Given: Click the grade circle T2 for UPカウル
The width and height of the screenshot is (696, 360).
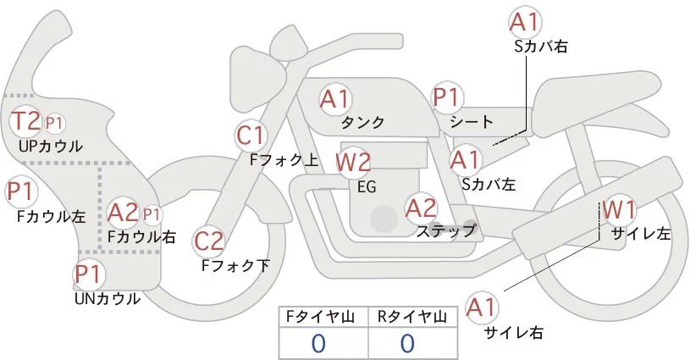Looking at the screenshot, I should [25, 121].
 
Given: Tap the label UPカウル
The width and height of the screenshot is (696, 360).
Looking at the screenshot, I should [51, 146].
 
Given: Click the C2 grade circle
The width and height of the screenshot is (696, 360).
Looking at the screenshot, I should [208, 242].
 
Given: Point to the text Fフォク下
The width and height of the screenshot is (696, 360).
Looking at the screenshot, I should [235, 266].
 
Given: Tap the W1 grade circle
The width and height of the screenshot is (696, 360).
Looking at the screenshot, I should [619, 208].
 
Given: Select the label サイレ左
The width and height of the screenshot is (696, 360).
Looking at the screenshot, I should [640, 233].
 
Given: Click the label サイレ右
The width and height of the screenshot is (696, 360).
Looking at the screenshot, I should [514, 333].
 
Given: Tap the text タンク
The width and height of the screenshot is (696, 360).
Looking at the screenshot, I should [362, 122].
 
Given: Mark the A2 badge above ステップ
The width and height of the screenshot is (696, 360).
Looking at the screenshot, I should [421, 206].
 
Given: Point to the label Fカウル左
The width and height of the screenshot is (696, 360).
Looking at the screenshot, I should [52, 217].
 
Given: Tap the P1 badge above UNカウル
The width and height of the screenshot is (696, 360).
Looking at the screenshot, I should [87, 274].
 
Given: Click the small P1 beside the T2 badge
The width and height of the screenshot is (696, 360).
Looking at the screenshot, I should [55, 123].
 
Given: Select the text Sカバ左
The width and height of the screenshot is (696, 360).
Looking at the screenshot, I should [489, 183].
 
